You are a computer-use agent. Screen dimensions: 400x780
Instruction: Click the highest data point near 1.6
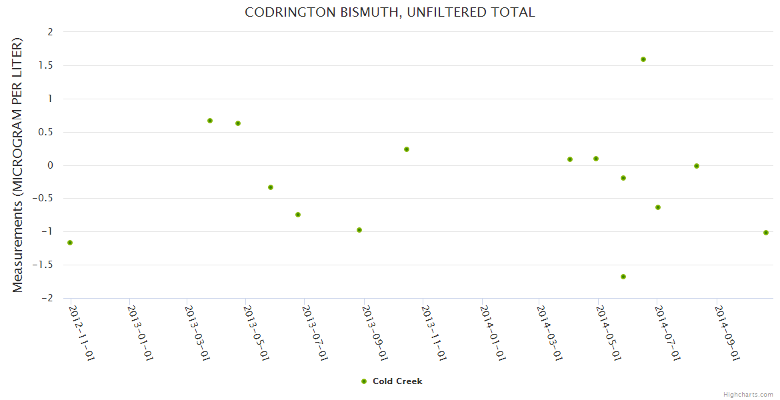coord(643,59)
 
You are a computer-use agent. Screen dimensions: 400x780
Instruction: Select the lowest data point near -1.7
coord(623,277)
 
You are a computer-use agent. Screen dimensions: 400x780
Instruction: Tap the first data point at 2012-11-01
coord(70,243)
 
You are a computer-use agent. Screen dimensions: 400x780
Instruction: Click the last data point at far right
coord(766,233)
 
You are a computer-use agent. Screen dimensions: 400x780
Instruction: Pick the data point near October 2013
coord(407,149)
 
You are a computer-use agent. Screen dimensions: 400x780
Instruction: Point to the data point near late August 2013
coord(359,230)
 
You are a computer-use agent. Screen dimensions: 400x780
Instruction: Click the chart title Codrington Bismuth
coord(390,13)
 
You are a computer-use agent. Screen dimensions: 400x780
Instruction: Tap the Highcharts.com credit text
coord(748,394)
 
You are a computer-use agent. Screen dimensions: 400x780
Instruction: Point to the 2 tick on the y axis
coord(49,32)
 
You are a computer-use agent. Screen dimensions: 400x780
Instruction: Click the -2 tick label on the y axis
coord(47,298)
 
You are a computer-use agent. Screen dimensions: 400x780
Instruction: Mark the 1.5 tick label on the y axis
coord(46,65)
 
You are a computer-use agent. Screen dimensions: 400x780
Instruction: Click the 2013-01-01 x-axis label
coord(141,333)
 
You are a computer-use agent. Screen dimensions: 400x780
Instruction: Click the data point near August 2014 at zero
coord(697,166)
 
